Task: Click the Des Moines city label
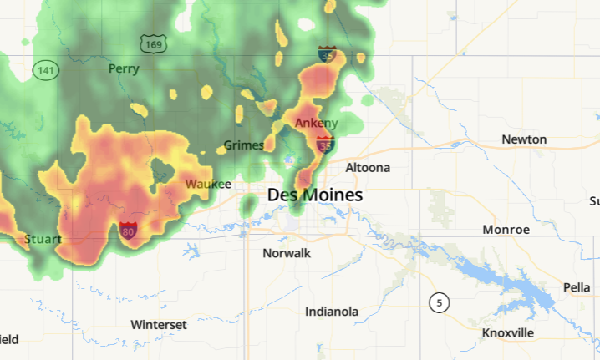(315, 195)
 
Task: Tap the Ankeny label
(317, 123)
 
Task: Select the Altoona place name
(368, 167)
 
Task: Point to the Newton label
(524, 139)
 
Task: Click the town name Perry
(124, 68)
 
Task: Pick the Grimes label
(244, 145)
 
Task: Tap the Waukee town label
(208, 183)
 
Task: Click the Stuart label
(43, 239)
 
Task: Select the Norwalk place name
(287, 252)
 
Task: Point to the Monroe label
(506, 229)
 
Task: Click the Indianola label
(332, 312)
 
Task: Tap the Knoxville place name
(508, 332)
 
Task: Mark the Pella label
(577, 286)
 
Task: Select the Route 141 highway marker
(45, 70)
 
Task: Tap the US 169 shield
(153, 43)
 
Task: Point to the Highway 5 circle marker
(439, 302)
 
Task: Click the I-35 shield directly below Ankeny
(326, 145)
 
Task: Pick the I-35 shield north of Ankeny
(327, 55)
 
